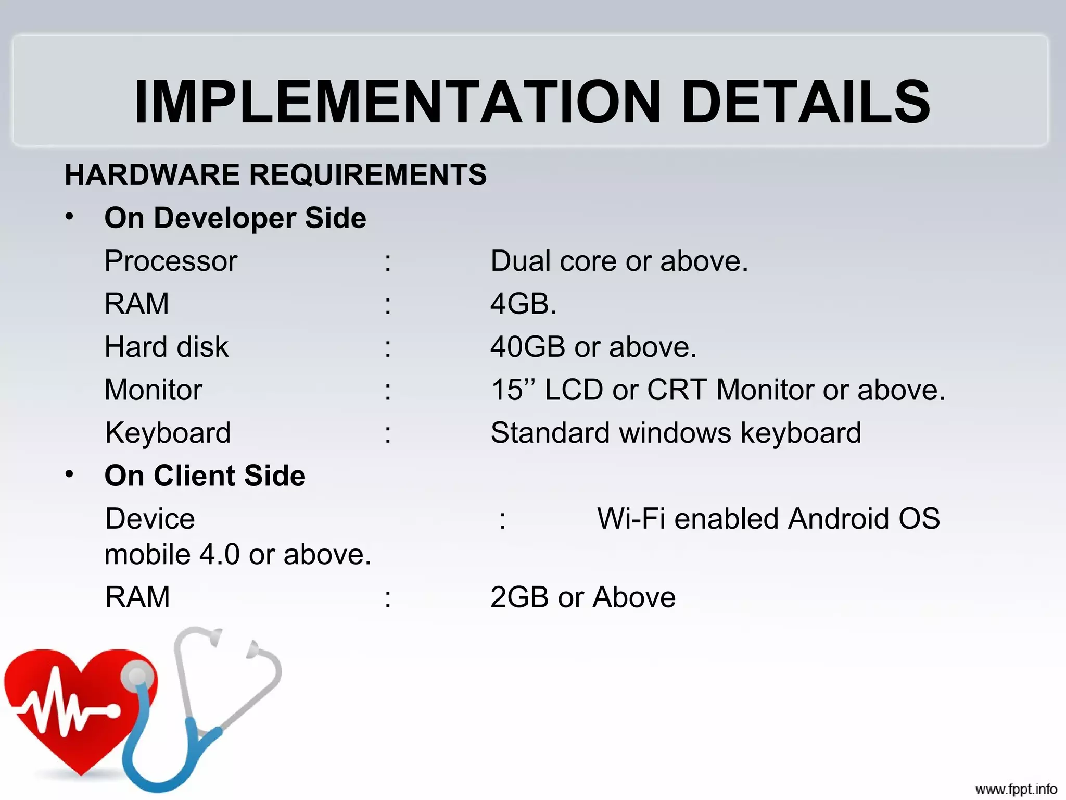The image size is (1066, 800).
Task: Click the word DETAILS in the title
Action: coord(805,102)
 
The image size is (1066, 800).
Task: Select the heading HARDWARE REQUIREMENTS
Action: coord(275,174)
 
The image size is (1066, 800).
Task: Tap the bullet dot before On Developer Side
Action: coord(70,216)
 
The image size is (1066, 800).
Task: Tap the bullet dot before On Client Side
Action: coord(70,474)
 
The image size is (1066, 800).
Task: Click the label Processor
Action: coord(171,261)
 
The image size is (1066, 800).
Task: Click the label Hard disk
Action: coord(167,347)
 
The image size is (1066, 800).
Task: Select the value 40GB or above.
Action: coord(593,347)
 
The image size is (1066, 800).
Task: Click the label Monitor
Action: coord(154,390)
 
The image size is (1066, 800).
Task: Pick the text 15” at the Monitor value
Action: coord(513,389)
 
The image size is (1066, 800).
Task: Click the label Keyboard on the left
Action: coord(168,433)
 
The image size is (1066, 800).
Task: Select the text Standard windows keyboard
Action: coord(676,433)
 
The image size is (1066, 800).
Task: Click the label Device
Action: coord(150,519)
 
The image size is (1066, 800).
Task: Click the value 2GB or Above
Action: coord(582,597)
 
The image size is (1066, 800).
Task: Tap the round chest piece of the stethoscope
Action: coord(137,677)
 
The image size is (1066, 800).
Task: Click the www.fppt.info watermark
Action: coord(1016,789)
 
